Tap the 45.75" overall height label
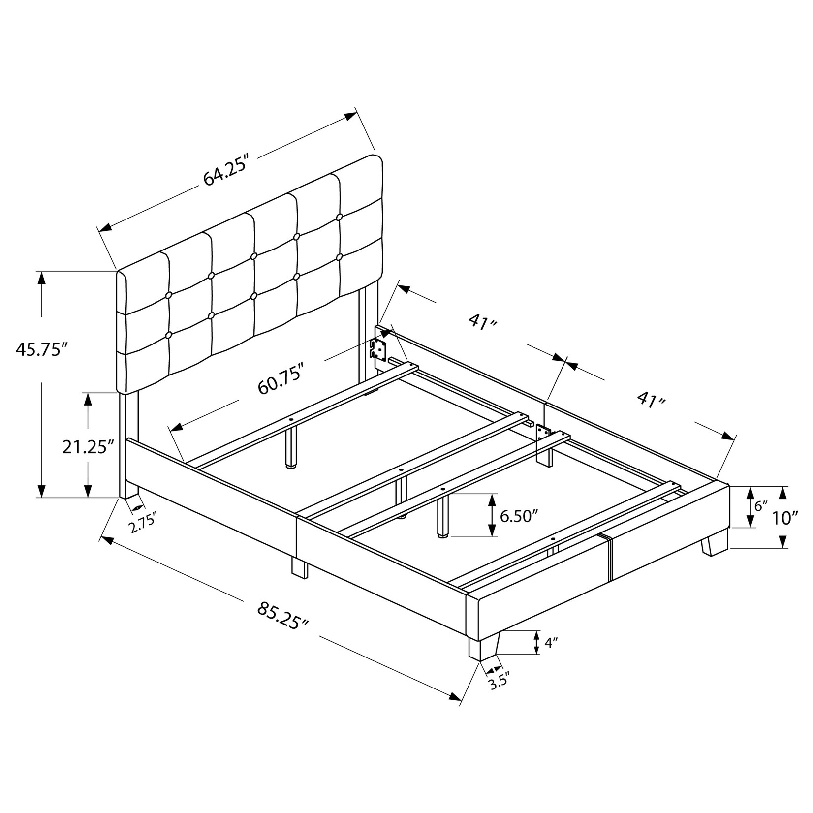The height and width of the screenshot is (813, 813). [41, 349]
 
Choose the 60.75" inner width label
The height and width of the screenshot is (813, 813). [280, 379]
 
